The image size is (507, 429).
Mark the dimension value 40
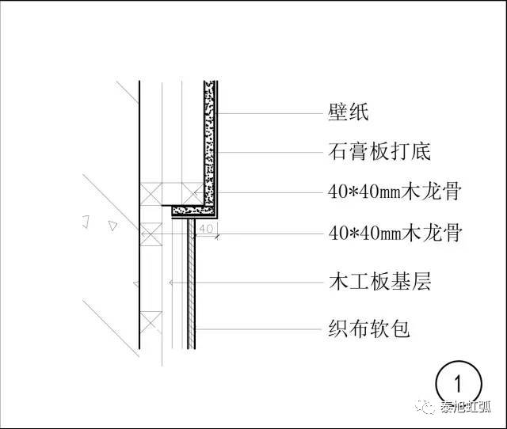coord(207,229)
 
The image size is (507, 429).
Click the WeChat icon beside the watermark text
coord(429,408)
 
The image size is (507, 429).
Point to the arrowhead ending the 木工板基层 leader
coord(170,282)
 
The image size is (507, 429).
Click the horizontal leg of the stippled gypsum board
coord(195,211)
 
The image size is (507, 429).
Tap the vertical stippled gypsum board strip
coord(211,142)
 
